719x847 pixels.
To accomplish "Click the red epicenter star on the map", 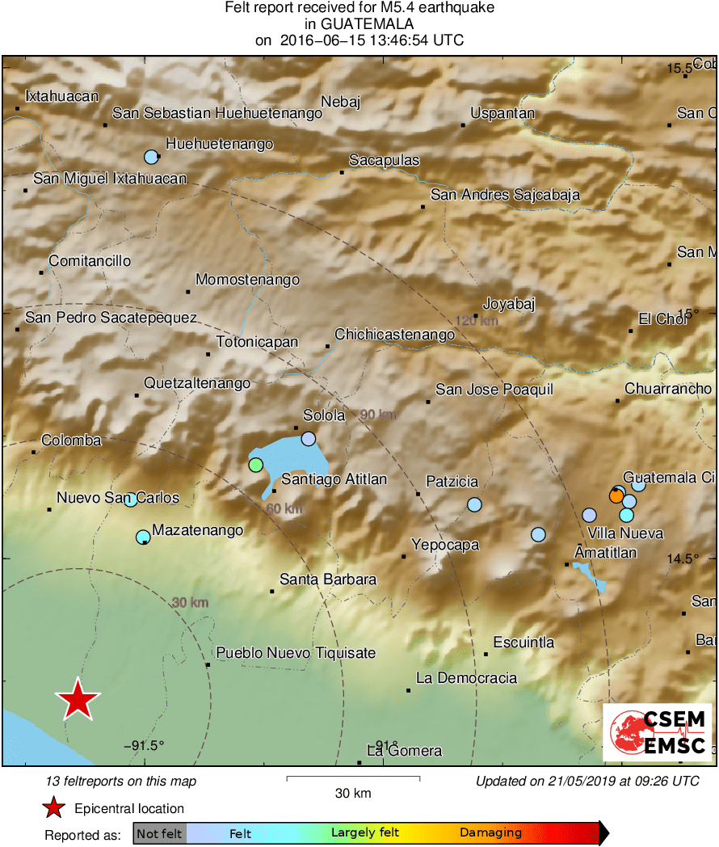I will (x=78, y=700).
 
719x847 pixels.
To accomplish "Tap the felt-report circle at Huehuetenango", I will (x=150, y=157).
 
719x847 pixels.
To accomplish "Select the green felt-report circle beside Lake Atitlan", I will (x=255, y=465).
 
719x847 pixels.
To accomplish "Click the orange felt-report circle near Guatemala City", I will (x=616, y=496).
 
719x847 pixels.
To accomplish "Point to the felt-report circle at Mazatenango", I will (x=143, y=536).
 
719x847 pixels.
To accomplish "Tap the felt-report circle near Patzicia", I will (x=474, y=505).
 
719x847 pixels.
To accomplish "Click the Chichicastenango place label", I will (x=395, y=335).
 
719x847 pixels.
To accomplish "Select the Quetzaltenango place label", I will (x=197, y=383).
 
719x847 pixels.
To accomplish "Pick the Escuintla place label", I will (x=523, y=643).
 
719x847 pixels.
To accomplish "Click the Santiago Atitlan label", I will (x=334, y=479).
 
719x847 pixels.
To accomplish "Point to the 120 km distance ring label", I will (x=477, y=321).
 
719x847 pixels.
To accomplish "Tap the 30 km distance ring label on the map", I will (x=190, y=602).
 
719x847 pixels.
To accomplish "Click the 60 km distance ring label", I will (x=284, y=508).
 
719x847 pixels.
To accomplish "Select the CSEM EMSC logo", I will (x=658, y=732).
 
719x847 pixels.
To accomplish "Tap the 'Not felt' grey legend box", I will (x=159, y=833).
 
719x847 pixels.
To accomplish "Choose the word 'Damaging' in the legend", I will (x=490, y=833).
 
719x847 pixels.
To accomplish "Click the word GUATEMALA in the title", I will (x=360, y=24).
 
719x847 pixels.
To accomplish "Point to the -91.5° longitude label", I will (x=145, y=745).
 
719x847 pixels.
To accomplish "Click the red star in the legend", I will (x=53, y=808).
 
